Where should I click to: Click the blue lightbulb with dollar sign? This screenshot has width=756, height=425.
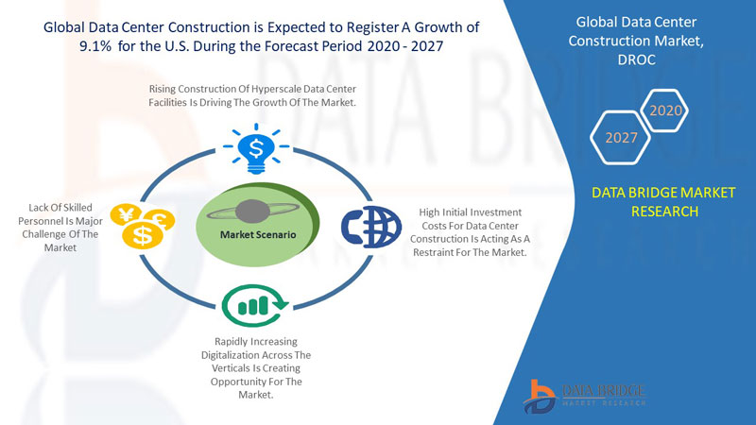point(256,149)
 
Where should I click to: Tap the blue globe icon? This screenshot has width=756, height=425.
point(371,227)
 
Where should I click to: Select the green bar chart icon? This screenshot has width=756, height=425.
point(254,305)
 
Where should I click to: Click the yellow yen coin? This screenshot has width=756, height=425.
point(126,215)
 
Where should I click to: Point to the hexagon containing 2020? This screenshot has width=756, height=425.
point(665,110)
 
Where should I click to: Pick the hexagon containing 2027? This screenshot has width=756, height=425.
point(621,138)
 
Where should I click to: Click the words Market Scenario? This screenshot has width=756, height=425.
point(258,234)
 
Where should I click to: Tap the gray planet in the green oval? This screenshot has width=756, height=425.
point(252,211)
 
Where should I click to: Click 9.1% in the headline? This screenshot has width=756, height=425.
point(95,46)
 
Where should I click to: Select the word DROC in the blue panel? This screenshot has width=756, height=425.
point(636,59)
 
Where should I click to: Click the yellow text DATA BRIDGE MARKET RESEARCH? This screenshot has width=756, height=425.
point(664,202)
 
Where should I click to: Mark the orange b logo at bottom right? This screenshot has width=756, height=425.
point(540,396)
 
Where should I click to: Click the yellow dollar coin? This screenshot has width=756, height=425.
point(143,235)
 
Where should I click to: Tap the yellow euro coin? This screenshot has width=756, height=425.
point(160,220)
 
